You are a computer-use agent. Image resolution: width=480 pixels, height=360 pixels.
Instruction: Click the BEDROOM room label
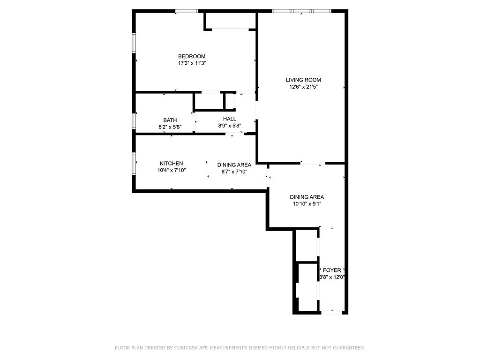[x=191, y=56]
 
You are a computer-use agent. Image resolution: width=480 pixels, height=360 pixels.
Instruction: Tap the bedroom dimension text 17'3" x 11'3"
[x=191, y=63]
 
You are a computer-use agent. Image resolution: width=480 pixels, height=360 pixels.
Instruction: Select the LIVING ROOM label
[x=303, y=80]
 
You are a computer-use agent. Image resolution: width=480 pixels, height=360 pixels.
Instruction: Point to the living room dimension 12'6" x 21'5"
[x=303, y=87]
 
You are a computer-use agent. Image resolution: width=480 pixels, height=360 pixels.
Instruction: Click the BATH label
[x=170, y=120]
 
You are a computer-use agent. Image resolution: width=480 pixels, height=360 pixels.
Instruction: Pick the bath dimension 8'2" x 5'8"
[x=170, y=127]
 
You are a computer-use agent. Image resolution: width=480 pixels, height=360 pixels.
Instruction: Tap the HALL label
[x=229, y=119]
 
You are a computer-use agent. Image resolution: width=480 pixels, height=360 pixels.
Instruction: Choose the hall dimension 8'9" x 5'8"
[x=229, y=126]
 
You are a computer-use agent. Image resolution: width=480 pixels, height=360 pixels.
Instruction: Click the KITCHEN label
[x=171, y=164]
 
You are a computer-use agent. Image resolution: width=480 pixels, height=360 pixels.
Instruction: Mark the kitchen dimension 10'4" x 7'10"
[x=172, y=171]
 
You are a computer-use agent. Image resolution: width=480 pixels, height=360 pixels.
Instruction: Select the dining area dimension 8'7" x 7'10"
[x=234, y=172]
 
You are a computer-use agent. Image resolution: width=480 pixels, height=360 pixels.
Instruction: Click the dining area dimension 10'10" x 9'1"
[x=307, y=204]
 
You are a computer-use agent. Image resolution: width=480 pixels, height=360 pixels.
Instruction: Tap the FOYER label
[x=332, y=270]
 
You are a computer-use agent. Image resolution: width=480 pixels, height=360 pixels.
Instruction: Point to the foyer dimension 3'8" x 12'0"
[x=332, y=277]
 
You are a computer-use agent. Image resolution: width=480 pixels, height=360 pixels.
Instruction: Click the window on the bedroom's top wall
[x=187, y=11]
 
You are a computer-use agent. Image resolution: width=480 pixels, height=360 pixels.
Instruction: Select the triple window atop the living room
[x=301, y=11]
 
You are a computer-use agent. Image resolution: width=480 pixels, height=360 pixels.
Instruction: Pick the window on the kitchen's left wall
[x=134, y=164]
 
